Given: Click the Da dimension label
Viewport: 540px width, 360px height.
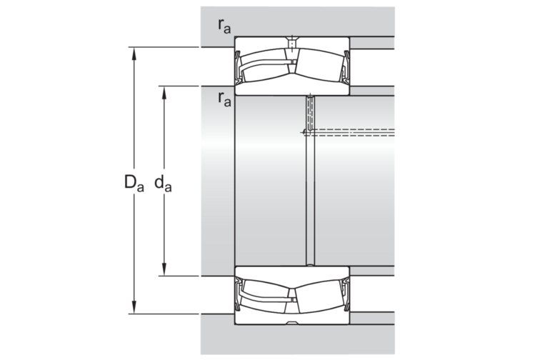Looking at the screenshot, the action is pyautogui.click(x=134, y=183).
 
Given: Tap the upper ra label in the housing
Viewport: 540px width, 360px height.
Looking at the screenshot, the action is pyautogui.click(x=224, y=25).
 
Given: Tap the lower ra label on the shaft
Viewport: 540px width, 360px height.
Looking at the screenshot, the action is pyautogui.click(x=224, y=99).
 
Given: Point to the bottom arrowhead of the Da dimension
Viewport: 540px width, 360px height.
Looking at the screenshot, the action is pyautogui.click(x=134, y=307).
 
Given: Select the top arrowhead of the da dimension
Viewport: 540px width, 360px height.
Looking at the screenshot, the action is pyautogui.click(x=164, y=92).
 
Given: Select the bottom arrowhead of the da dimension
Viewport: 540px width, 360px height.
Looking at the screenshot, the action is pyautogui.click(x=164, y=270).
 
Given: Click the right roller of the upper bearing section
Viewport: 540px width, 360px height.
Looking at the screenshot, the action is pyautogui.click(x=319, y=65).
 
